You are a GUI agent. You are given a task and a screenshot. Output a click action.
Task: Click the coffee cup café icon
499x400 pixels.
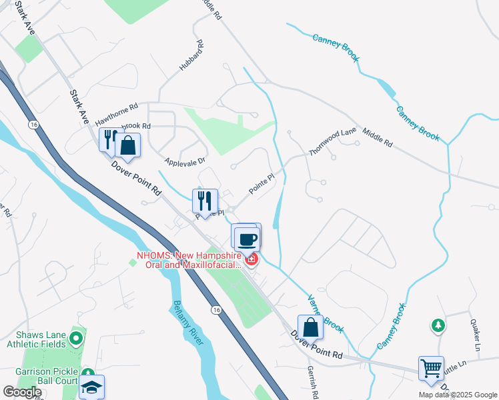(x=247, y=238)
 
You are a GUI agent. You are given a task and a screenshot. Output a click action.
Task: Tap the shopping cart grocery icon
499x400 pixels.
(x=431, y=368)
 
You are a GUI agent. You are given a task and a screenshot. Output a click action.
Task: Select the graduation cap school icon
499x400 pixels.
(x=91, y=387)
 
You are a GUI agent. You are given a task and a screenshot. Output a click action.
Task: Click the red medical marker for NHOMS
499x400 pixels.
(x=252, y=259)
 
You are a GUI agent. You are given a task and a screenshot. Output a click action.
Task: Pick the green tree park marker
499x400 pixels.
(x=438, y=325)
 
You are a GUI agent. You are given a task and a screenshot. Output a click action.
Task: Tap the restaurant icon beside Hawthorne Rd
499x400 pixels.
(x=109, y=140)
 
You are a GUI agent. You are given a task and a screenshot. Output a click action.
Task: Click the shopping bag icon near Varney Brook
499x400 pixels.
(x=310, y=327)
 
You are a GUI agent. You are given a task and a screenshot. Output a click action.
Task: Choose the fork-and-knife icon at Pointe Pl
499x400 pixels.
(x=205, y=201)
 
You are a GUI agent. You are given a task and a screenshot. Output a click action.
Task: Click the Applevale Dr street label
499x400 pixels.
(x=185, y=161)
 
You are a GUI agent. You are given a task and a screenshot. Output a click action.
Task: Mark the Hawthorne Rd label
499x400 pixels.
(x=116, y=114)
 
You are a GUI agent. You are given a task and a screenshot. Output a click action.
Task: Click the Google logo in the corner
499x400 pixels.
(x=22, y=392)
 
